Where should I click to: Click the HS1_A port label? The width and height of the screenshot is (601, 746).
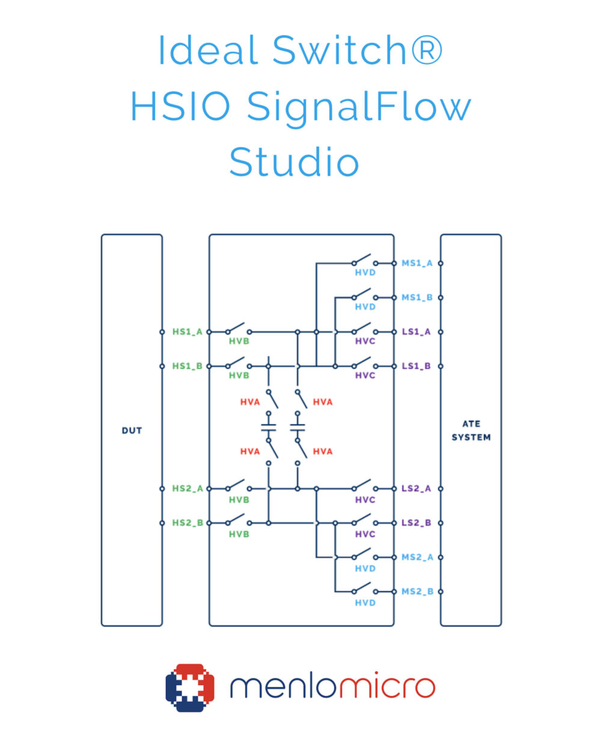(187, 331)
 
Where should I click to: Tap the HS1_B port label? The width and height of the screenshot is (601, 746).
(187, 366)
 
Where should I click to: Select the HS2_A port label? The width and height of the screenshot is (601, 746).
(188, 489)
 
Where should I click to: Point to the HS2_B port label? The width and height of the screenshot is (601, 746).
(188, 523)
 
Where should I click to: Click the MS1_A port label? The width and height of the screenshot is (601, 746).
(416, 263)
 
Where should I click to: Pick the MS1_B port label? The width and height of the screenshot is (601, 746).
(416, 297)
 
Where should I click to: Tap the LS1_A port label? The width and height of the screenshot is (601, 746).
(416, 331)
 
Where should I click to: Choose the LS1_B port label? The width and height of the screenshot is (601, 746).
(416, 366)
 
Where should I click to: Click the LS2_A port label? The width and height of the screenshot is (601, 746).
(416, 489)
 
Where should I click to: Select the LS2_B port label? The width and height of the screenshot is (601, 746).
(416, 523)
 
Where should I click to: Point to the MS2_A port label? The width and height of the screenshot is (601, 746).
(417, 557)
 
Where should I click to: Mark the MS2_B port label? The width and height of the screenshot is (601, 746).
(417, 591)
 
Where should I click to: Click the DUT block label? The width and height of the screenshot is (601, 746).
(132, 431)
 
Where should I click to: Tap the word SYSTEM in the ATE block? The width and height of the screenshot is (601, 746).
(471, 437)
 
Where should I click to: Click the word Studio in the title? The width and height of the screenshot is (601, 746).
(294, 162)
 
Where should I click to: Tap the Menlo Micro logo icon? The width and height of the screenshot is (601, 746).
(190, 688)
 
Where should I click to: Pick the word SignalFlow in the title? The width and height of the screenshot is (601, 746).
(359, 108)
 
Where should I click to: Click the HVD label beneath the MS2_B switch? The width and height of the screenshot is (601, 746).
(365, 603)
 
